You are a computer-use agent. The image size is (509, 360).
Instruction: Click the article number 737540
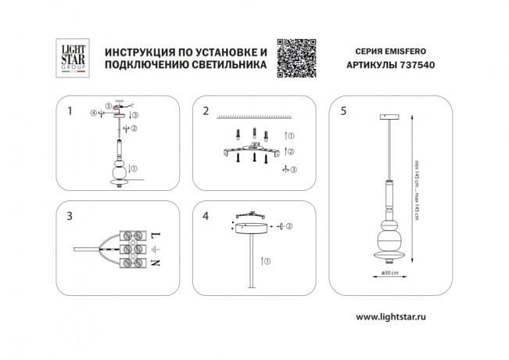[x=416, y=66]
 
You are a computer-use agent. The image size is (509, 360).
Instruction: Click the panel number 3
[x=70, y=214]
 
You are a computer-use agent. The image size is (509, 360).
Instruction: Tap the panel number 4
[x=206, y=214]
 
